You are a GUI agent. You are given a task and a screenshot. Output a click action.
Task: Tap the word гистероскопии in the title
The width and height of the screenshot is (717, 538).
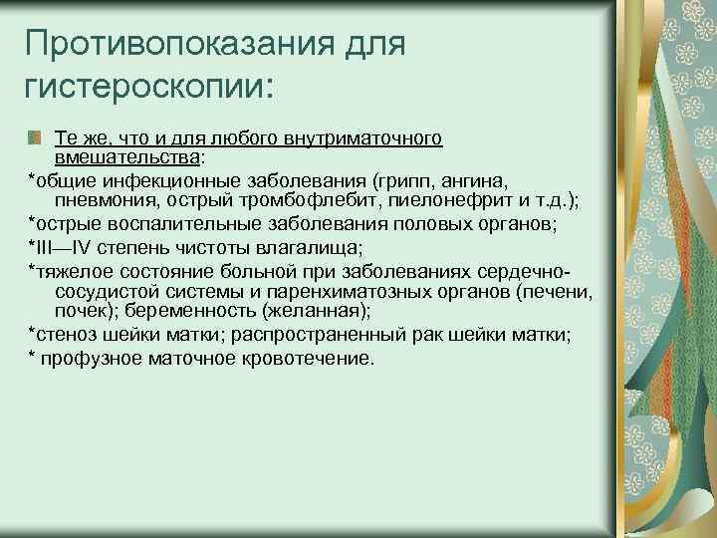pyautogui.click(x=143, y=89)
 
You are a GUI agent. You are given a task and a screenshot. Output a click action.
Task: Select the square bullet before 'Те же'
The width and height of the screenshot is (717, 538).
pyautogui.click(x=35, y=137)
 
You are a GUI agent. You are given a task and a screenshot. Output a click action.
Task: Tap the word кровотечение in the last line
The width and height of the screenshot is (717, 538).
pyautogui.click(x=312, y=358)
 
